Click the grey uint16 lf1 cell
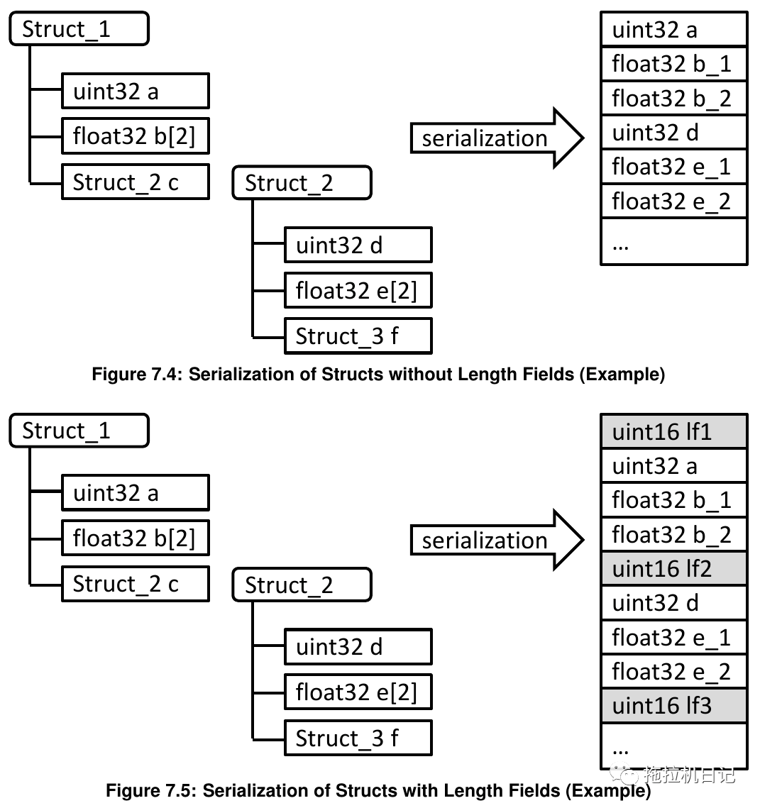point(673,431)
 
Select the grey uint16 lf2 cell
point(673,568)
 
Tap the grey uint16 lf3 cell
point(673,705)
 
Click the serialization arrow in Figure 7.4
point(496,138)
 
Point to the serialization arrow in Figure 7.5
point(496,541)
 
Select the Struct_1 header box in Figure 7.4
point(79,29)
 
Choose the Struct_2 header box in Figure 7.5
point(302,585)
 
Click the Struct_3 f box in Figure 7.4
point(358,336)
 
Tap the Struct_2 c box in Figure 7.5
point(135,584)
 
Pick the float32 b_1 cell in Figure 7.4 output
point(673,64)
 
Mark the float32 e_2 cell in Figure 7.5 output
point(673,671)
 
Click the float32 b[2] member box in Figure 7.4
point(135,135)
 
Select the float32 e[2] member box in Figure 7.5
point(358,692)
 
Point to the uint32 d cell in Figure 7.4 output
point(673,133)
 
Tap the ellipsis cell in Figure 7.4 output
point(673,243)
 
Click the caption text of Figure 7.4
point(378,374)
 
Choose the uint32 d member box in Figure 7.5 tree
point(358,646)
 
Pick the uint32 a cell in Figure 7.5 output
point(673,465)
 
